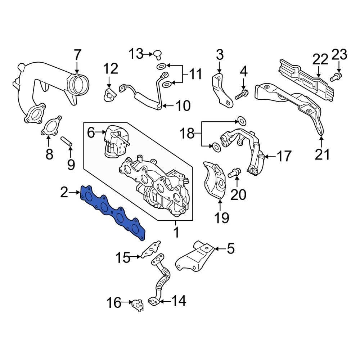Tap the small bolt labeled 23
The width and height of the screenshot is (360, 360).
(337, 76)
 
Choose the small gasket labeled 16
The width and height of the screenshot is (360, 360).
(137, 305)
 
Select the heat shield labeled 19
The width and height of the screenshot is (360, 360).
(215, 180)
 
